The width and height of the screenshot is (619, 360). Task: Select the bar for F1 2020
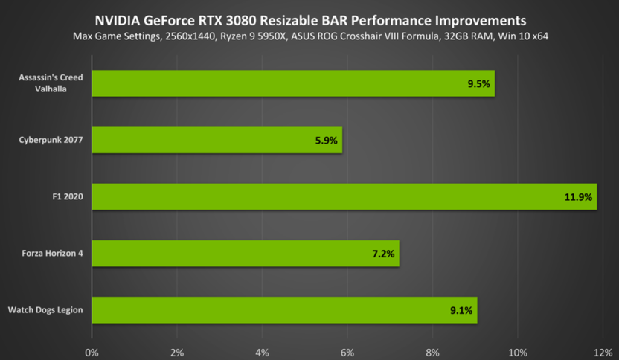tap(344, 196)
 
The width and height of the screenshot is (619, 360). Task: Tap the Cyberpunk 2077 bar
tap(217, 140)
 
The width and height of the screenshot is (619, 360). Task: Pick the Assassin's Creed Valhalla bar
tap(292, 83)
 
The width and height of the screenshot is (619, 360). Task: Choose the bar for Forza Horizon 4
tap(245, 254)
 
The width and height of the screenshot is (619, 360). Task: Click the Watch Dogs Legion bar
tap(284, 310)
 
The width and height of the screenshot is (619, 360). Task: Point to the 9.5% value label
tap(478, 84)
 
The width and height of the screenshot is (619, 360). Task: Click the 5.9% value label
tap(326, 141)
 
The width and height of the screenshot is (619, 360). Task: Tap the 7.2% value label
tap(382, 254)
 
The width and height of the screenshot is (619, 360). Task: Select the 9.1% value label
tap(461, 311)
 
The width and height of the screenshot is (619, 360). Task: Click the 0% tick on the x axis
tap(92, 350)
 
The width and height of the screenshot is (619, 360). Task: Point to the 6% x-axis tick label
tap(347, 350)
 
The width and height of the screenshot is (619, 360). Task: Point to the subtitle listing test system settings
tap(309, 36)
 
